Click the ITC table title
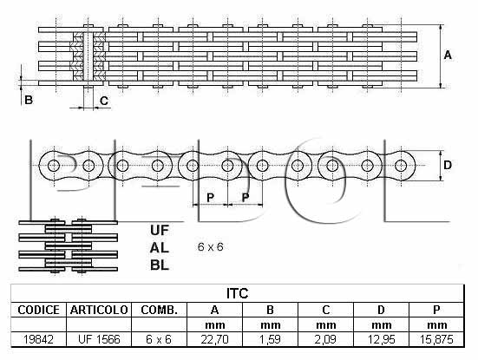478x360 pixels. tap(238, 293)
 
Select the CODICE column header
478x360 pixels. tap(39, 310)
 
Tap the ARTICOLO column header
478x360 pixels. tap(99, 310)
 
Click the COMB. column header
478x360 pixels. tap(159, 310)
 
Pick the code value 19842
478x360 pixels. tap(38, 339)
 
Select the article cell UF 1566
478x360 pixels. tap(99, 339)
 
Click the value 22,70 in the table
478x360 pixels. tap(214, 339)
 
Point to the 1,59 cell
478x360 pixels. tap(270, 339)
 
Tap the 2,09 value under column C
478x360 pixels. tap(325, 339)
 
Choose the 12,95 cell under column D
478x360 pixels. tap(381, 339)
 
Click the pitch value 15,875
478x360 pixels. tap(436, 339)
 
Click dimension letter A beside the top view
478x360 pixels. tap(448, 56)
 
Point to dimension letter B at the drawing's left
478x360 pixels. tap(29, 100)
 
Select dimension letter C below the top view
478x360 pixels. tap(104, 101)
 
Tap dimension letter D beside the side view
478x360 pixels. tap(448, 165)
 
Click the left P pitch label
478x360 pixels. tap(210, 198)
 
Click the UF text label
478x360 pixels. tap(159, 230)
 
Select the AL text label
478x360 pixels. tap(159, 248)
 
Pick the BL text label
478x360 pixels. tap(160, 265)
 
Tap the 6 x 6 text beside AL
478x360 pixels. tap(210, 246)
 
